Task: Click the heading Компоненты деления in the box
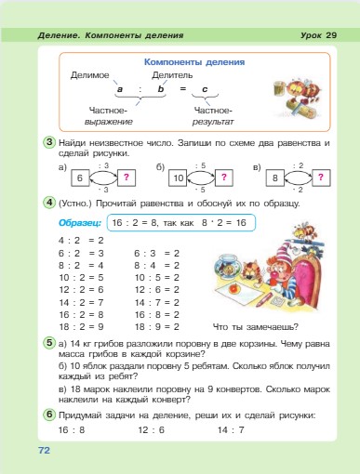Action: point(195,62)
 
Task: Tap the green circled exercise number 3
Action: point(47,141)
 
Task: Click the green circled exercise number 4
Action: point(47,203)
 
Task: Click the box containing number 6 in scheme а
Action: point(80,177)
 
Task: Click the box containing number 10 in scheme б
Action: point(177,177)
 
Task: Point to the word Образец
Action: point(80,224)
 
